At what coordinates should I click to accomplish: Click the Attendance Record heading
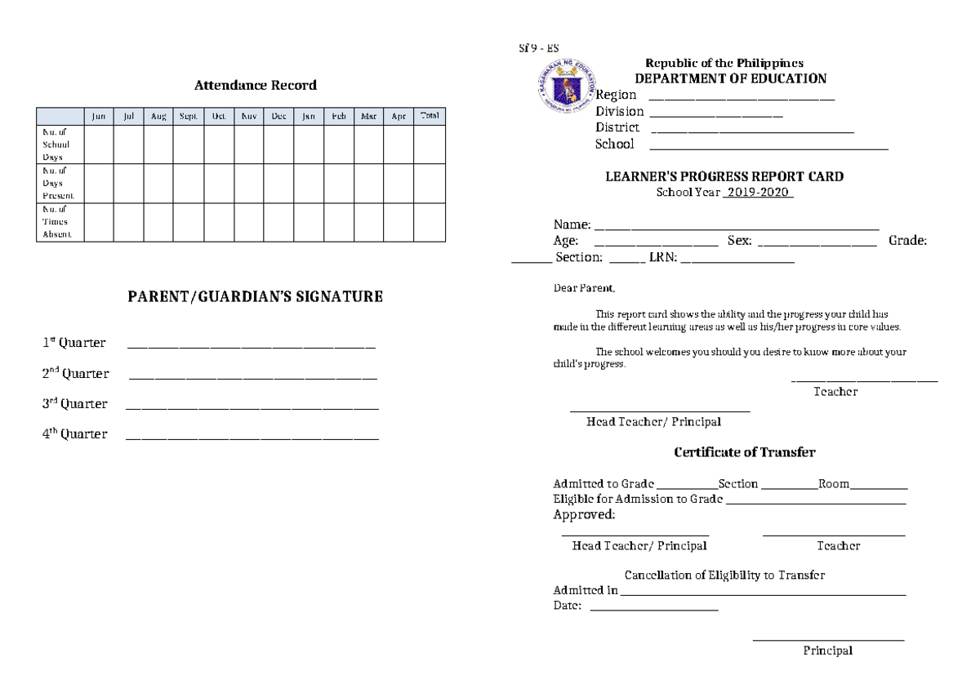[255, 85]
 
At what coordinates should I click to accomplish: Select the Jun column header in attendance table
[99, 117]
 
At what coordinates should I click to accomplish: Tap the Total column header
[429, 116]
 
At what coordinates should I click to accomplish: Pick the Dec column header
[278, 117]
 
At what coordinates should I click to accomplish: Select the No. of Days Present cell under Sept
[189, 183]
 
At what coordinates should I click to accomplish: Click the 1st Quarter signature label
[73, 343]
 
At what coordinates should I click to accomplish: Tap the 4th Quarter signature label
[74, 434]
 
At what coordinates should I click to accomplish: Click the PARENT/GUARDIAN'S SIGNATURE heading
[255, 297]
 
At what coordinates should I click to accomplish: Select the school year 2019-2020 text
[758, 192]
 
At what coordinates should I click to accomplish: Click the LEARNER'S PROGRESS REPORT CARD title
[724, 176]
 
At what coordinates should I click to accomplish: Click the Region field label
[616, 96]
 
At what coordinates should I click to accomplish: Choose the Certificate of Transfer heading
[744, 451]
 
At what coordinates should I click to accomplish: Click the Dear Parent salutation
[583, 288]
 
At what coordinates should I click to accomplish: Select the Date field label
[567, 606]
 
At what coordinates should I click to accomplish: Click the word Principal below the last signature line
[827, 651]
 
